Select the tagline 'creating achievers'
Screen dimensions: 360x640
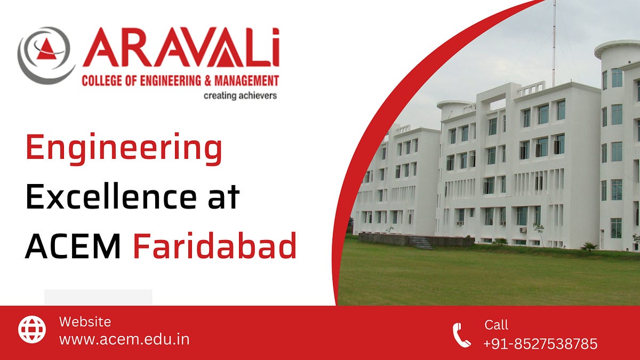[x=240, y=96]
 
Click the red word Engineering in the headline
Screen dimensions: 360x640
[x=124, y=150]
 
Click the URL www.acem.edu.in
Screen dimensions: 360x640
[x=124, y=339]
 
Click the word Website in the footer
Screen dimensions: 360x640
[x=85, y=322]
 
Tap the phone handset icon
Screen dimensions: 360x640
[x=461, y=335]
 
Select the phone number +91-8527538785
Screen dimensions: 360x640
[x=540, y=344]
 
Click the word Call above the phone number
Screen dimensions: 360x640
[x=496, y=325]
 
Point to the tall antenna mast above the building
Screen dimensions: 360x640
[x=554, y=43]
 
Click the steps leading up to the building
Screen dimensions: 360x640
[x=422, y=243]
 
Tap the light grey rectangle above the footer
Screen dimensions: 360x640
[x=98, y=297]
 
